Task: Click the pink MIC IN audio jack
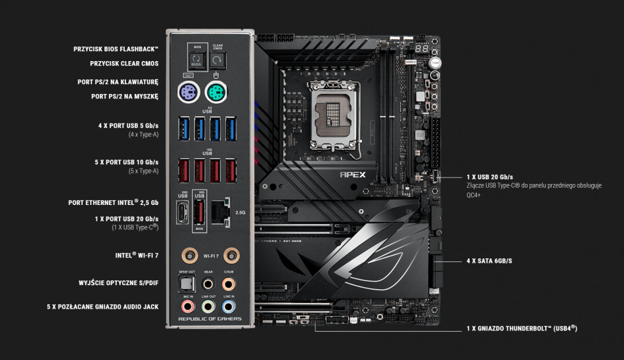pos(187,307)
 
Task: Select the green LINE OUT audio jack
pos(208,307)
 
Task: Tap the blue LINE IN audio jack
pos(229,307)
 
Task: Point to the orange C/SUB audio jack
pos(229,284)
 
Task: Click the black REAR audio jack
pos(208,284)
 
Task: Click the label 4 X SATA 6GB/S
pos(489,261)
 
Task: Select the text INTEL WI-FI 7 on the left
pos(137,255)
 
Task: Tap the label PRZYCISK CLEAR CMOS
pos(124,64)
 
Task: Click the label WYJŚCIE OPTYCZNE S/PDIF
pos(118,282)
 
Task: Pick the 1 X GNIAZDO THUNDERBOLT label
pos(522,328)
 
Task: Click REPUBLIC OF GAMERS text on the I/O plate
pos(210,319)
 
